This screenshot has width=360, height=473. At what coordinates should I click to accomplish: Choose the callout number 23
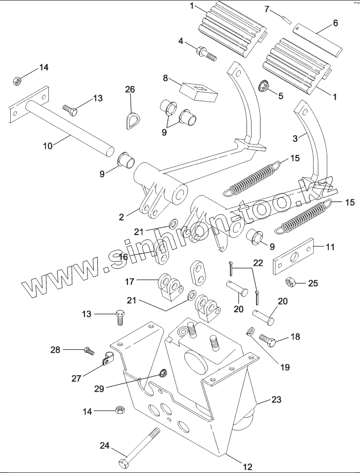tap(276, 400)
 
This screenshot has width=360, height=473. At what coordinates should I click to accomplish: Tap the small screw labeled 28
tap(88, 350)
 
